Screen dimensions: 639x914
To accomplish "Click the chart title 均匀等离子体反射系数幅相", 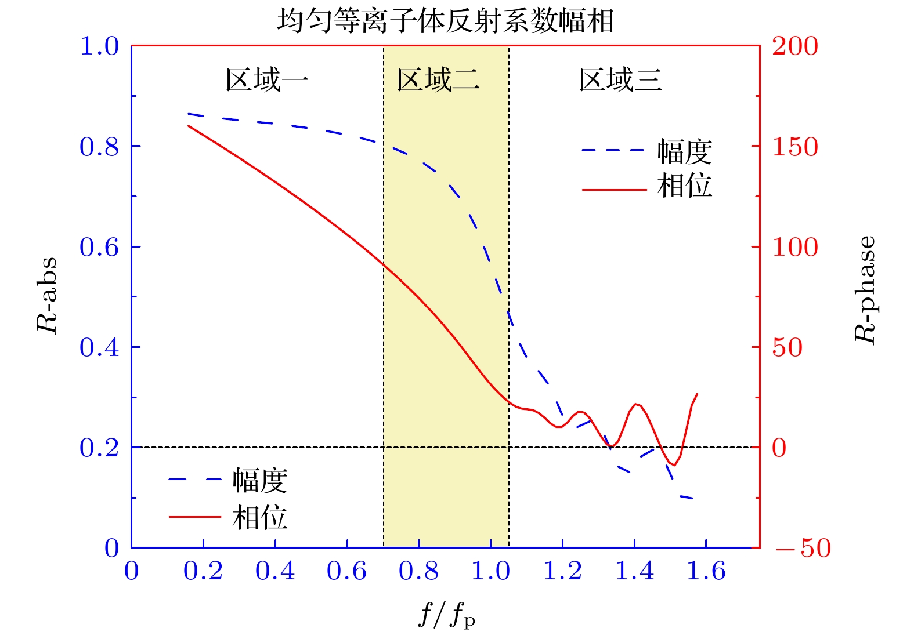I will (x=445, y=21).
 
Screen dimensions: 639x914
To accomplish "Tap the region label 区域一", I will (x=266, y=79).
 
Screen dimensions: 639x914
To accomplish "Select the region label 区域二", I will (x=438, y=79).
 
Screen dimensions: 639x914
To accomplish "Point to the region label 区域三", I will (x=620, y=79).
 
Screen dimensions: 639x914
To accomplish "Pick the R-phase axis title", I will (x=865, y=289).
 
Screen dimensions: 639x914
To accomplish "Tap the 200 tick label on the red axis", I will (x=794, y=46).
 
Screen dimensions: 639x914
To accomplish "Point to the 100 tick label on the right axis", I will (x=794, y=247).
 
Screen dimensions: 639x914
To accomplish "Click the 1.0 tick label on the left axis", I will (x=99, y=46).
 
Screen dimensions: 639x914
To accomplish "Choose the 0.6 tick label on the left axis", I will (x=99, y=247).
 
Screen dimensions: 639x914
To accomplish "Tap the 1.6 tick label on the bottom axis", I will (x=706, y=571).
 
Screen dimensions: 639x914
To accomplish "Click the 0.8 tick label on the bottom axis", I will (x=418, y=571).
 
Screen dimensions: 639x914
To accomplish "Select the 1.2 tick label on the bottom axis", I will (x=562, y=571).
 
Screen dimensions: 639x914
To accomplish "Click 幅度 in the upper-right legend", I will (x=685, y=152).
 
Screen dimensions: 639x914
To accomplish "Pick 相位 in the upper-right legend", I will (x=685, y=186).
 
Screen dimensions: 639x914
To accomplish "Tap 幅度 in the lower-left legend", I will (x=260, y=481).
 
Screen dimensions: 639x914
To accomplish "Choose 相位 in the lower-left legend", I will (x=260, y=517).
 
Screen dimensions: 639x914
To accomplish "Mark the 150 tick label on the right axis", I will (x=794, y=147).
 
